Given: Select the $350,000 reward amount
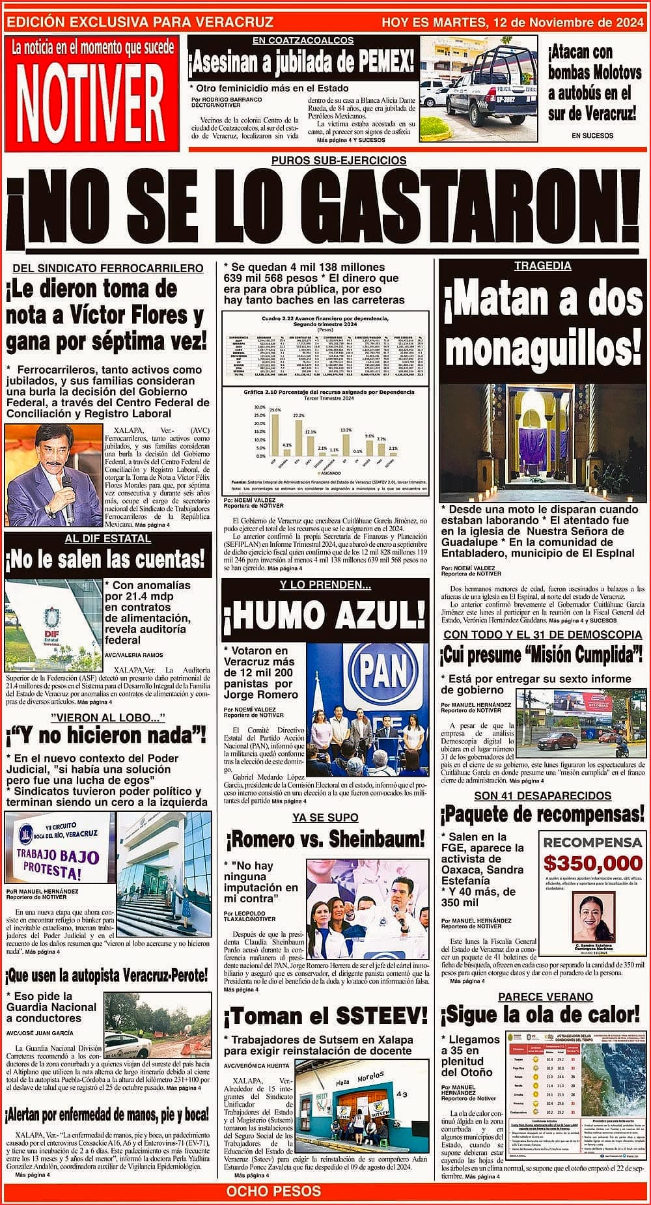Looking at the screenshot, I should (592, 863).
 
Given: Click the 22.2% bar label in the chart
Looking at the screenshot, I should (299, 415).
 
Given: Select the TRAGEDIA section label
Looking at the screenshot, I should (542, 266).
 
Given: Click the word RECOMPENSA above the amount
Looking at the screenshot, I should (592, 842).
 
